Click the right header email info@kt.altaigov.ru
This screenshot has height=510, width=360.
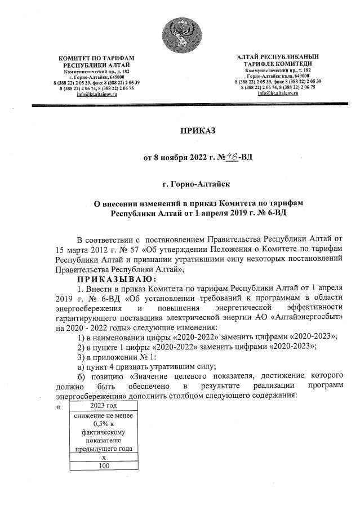[x=278, y=93]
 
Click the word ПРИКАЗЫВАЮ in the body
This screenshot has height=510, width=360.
[x=118, y=279]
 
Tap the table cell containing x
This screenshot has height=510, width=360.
[x=104, y=457]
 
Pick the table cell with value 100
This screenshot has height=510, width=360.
[x=104, y=465]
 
